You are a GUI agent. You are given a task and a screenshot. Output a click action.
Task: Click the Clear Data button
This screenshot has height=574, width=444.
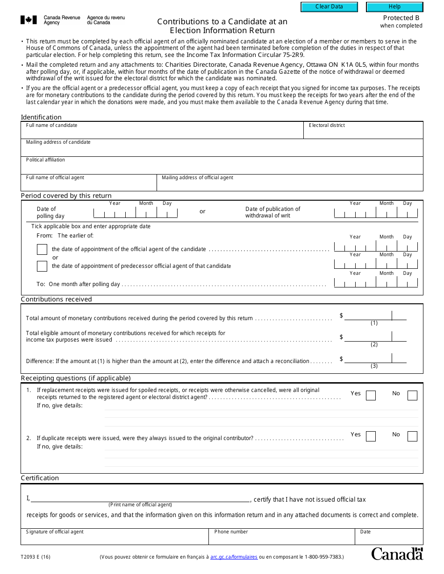coord(329,7)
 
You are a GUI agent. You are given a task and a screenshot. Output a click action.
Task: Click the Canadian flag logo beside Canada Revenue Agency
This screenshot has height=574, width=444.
coord(29,20)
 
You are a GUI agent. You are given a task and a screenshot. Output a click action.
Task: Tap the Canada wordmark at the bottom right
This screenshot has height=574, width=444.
coord(397,554)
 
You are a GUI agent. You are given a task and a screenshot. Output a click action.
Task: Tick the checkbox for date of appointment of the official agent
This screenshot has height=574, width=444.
coord(42,250)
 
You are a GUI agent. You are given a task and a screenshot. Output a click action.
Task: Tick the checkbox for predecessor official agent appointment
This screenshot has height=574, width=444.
coord(42,266)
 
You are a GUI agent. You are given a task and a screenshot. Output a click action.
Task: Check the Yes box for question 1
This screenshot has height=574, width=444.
coord(371,396)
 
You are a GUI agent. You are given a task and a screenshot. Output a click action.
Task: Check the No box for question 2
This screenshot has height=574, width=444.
coord(412,436)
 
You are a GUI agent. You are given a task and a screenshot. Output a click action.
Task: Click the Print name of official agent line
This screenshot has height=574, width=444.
coord(140,498)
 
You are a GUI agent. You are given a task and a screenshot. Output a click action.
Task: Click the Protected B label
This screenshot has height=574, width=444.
coord(401,18)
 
